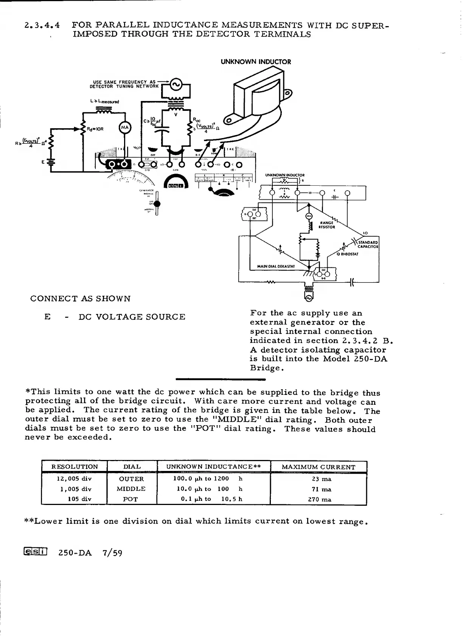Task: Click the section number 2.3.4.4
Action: point(42,26)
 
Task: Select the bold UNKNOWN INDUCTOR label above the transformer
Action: point(256,62)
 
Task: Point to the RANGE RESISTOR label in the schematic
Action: point(327,225)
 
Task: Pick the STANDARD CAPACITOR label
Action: point(368,244)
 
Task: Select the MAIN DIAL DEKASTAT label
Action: point(276,266)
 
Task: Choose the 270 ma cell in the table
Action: point(320,499)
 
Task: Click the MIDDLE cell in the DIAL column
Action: point(131,489)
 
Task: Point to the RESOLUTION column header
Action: point(75,467)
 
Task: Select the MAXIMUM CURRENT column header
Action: point(319,467)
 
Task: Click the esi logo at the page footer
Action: point(36,553)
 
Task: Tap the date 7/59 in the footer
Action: point(112,553)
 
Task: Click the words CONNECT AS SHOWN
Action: point(80,298)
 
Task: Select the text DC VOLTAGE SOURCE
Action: point(132,317)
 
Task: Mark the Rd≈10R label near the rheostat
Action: point(95,129)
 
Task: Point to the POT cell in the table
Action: point(131,499)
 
